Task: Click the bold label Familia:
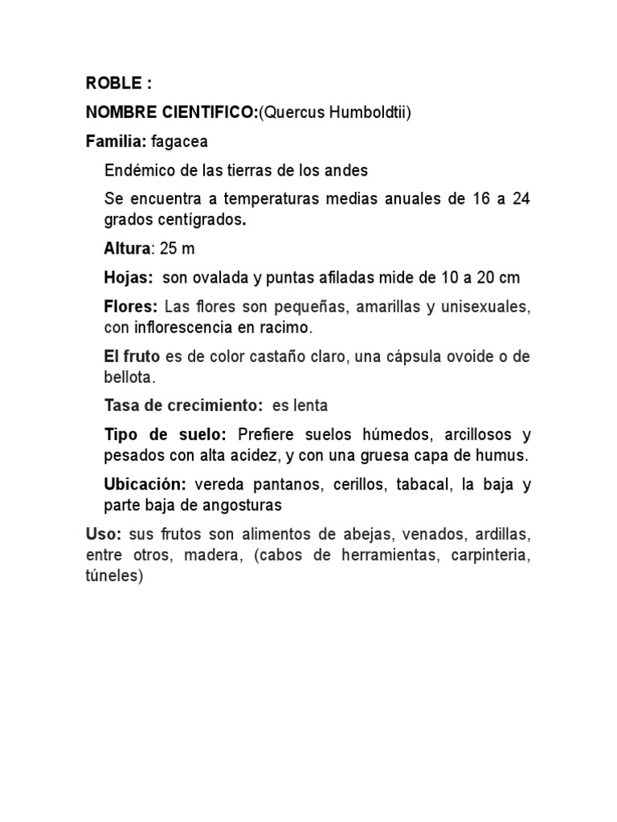116,142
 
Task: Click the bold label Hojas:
129,278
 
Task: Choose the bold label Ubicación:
145,485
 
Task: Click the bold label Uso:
103,534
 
